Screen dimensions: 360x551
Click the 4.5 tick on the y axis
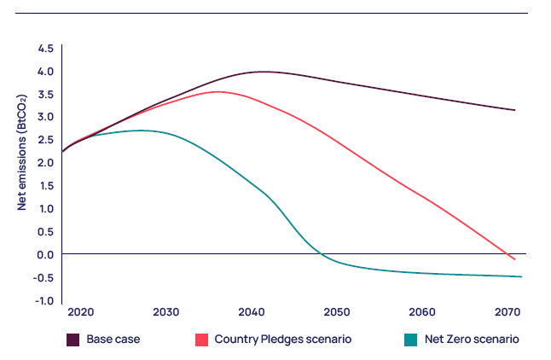click(45, 49)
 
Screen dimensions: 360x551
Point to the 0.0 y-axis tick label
click(45, 254)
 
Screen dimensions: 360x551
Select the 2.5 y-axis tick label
click(45, 140)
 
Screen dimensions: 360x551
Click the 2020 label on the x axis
click(81, 311)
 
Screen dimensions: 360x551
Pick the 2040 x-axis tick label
click(252, 311)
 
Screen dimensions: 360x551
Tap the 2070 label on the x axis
click(510, 311)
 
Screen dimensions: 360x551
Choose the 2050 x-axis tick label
click(338, 311)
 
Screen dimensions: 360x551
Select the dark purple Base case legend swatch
click(73, 340)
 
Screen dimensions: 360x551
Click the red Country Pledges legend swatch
click(201, 340)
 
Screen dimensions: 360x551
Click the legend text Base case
click(113, 340)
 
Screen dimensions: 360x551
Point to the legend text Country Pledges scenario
click(282, 340)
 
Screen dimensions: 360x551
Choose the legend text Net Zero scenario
click(473, 340)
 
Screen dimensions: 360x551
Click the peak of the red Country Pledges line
click(218, 91)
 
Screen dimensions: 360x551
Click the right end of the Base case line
click(515, 110)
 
